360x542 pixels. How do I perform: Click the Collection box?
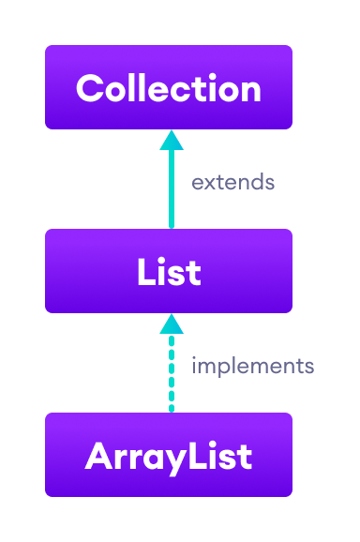click(169, 87)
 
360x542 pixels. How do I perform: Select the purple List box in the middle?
click(169, 271)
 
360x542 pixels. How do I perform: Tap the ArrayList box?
click(169, 455)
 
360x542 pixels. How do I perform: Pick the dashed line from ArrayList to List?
click(171, 375)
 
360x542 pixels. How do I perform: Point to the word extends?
click(232, 182)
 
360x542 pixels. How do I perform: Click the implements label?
click(252, 366)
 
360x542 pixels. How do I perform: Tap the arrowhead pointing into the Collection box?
click(171, 140)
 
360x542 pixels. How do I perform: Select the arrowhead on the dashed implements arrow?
click(171, 324)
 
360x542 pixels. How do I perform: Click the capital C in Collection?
click(90, 89)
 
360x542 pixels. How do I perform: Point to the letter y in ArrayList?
click(172, 459)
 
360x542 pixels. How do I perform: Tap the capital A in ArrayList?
click(97, 457)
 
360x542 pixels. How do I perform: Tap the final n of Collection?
click(249, 91)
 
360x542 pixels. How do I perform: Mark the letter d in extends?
click(257, 182)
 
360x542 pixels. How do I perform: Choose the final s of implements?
click(309, 367)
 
